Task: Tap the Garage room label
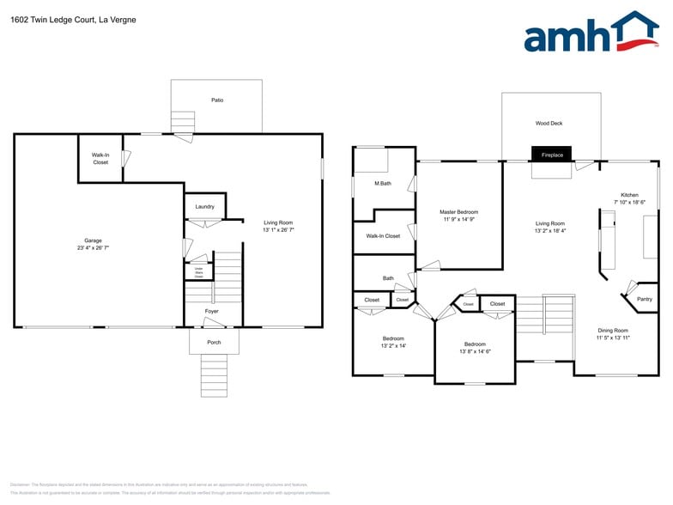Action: click(93, 240)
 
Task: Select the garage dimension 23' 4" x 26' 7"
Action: click(93, 247)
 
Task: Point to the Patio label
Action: click(217, 100)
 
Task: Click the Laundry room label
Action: click(204, 206)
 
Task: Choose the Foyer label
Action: click(211, 311)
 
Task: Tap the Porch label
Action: click(214, 342)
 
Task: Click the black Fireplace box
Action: click(551, 155)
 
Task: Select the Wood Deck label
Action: click(549, 123)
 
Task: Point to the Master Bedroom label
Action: click(458, 212)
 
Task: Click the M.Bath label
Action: click(383, 183)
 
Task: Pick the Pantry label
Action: click(644, 299)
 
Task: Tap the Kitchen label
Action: click(629, 195)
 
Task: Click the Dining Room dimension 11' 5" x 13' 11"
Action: click(613, 338)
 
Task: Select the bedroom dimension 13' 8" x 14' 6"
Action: click(475, 351)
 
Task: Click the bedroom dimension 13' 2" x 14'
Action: click(393, 345)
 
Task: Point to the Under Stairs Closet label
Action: click(198, 272)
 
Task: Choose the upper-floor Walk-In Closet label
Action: click(383, 235)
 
